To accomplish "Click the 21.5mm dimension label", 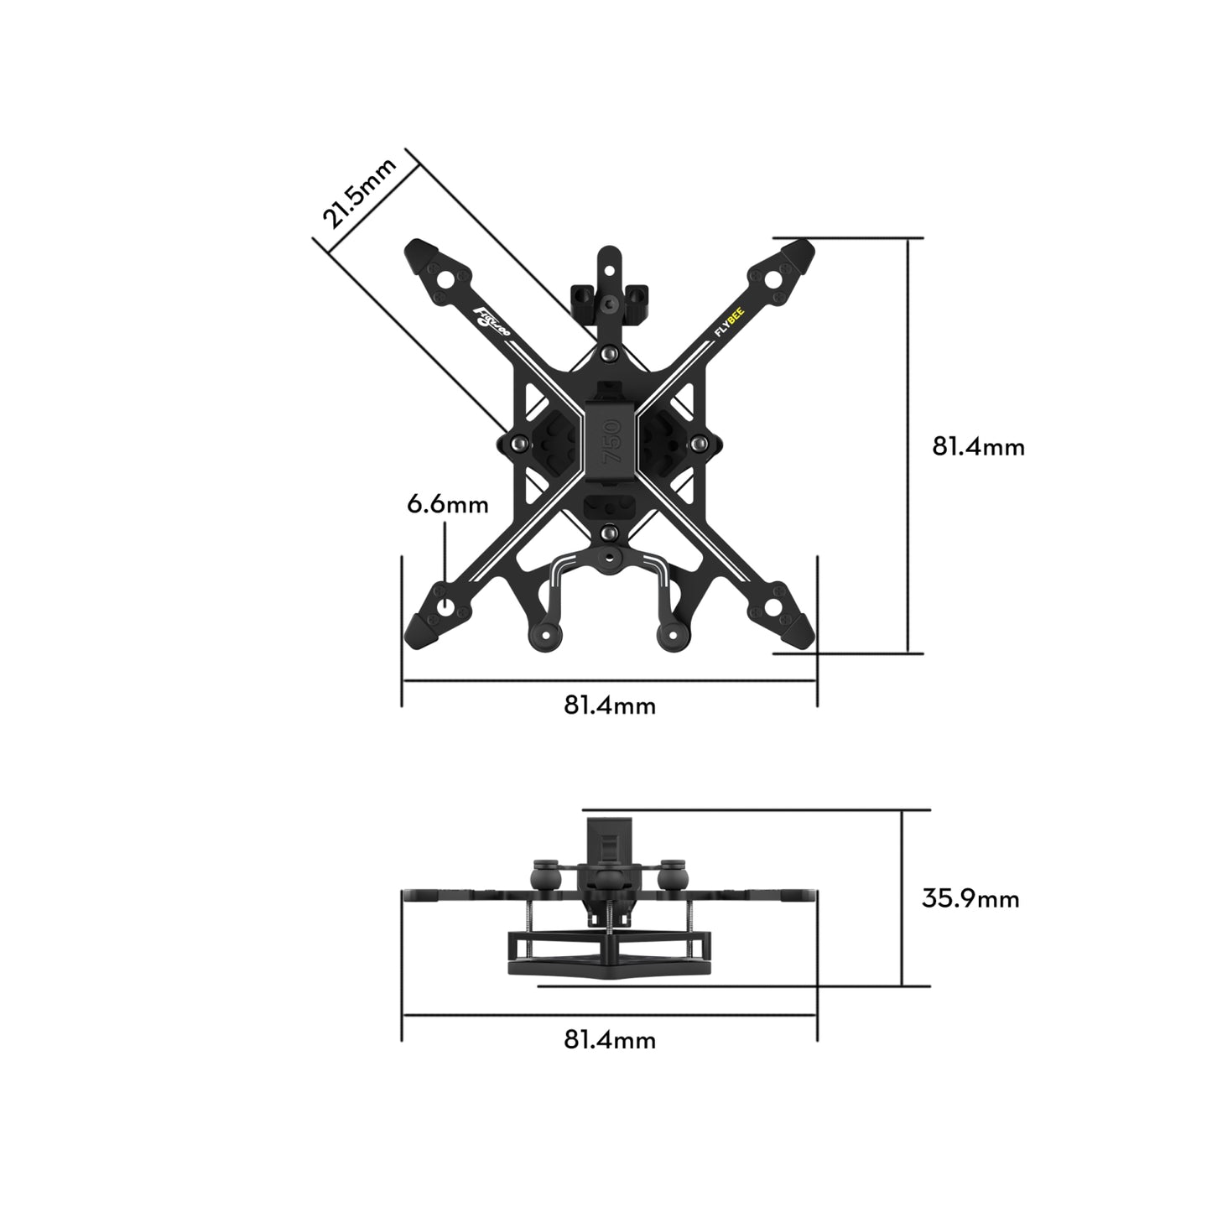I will coord(359,195).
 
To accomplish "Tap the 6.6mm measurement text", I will coord(447,504).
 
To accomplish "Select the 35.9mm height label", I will coord(970,898).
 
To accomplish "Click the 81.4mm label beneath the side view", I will coord(609,1040).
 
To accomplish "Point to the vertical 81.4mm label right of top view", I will coord(978,446).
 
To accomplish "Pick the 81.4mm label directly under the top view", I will coord(609,705).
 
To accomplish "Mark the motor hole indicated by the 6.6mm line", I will coord(445,606).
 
